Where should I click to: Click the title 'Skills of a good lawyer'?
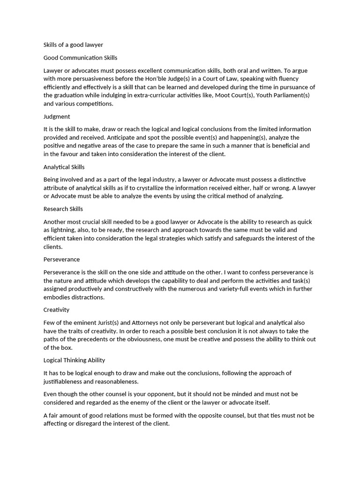pyautogui.click(x=73, y=45)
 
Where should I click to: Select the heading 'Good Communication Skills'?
pyautogui.click(x=80, y=58)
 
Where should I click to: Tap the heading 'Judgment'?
pyautogui.click(x=57, y=116)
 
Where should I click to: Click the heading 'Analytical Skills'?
pyautogui.click(x=64, y=166)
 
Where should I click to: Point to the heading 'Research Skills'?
pyautogui.click(x=63, y=209)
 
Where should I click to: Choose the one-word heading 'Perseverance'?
pyautogui.click(x=61, y=259)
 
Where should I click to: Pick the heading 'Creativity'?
pyautogui.click(x=56, y=309)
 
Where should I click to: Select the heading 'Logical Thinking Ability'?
pyautogui.click(x=74, y=360)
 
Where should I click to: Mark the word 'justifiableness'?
pyautogui.click(x=65, y=382)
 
